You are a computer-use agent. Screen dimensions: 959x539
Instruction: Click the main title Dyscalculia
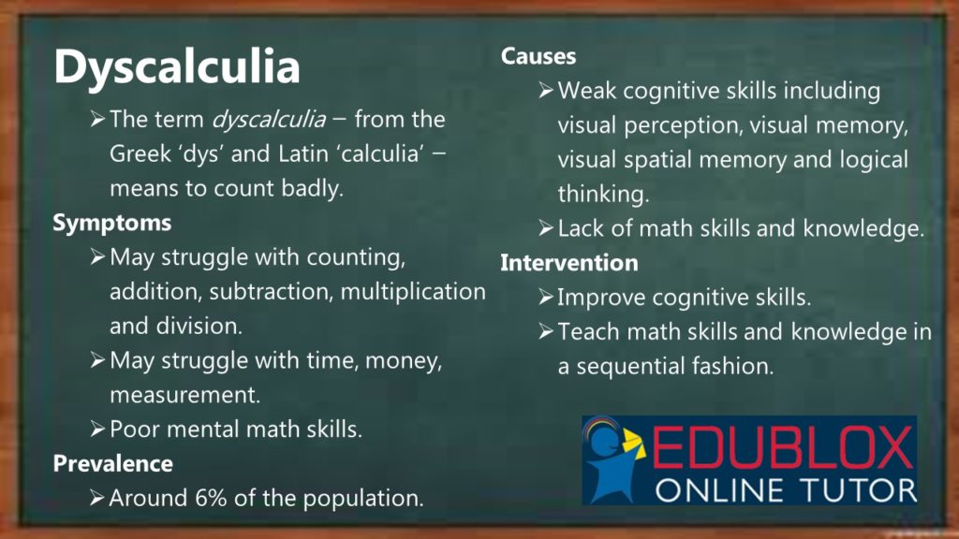tap(177, 67)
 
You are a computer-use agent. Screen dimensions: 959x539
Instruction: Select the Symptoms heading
tap(112, 223)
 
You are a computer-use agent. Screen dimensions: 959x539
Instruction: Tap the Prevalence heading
tap(113, 463)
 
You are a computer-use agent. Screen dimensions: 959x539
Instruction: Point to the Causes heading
tap(539, 56)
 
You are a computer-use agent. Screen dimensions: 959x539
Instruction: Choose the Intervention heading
tap(568, 263)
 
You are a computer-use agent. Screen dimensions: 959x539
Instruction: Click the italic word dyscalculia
tap(269, 120)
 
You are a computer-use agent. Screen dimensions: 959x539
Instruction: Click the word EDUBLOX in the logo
tap(782, 448)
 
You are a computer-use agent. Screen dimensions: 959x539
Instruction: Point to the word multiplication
tap(413, 292)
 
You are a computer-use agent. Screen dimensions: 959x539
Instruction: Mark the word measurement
tap(184, 395)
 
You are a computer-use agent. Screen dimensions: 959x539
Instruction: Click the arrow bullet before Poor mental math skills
tap(97, 429)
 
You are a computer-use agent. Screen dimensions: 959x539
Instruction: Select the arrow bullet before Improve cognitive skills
tap(546, 298)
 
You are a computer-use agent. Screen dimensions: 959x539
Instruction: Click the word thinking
tap(603, 195)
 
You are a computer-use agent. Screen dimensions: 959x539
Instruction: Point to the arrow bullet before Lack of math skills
tap(546, 228)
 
